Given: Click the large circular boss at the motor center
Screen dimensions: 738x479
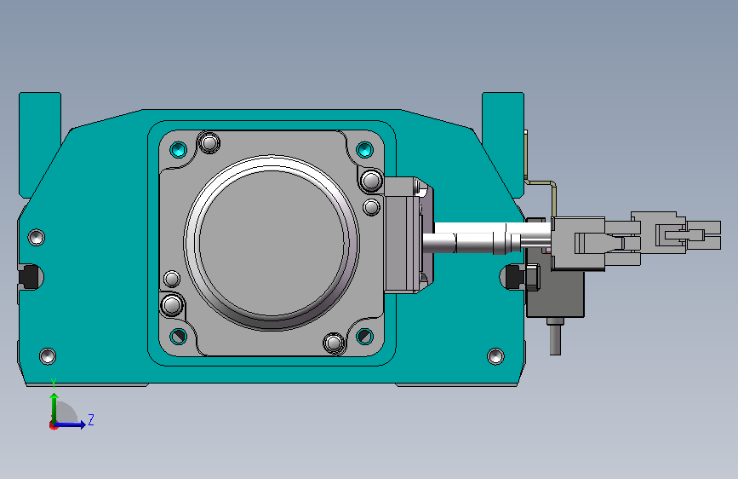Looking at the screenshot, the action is tap(272, 242).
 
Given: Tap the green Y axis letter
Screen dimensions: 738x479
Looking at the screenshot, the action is tap(54, 384).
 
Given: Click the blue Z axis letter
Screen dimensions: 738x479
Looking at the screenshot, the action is tap(91, 420).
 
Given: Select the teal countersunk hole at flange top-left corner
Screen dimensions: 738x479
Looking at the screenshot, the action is tap(179, 150).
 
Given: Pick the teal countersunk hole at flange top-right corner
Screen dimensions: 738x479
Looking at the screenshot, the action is tap(365, 150).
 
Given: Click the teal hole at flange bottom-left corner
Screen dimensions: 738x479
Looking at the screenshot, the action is tap(179, 336).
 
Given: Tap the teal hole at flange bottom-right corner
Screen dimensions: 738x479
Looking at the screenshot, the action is tap(365, 336).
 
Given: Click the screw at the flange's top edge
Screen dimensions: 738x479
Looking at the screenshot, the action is tap(209, 141).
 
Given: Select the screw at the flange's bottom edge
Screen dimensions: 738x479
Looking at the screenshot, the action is tap(335, 343).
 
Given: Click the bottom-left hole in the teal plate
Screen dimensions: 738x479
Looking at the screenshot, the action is tap(48, 356).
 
